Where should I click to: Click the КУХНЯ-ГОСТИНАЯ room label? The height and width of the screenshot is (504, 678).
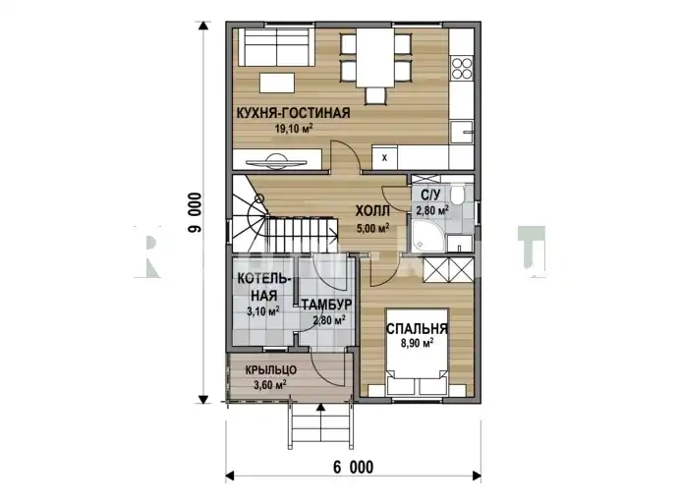pyautogui.click(x=293, y=113)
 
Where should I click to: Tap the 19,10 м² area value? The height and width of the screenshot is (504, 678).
pyautogui.click(x=294, y=129)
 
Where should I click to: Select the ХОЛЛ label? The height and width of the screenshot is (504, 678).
pyautogui.click(x=372, y=211)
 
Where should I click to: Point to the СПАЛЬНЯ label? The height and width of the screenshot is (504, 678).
pyautogui.click(x=417, y=329)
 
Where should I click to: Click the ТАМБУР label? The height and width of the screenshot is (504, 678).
pyautogui.click(x=326, y=305)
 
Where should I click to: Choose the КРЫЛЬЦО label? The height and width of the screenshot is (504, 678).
pyautogui.click(x=271, y=370)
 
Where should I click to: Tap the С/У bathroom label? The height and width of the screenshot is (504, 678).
pyautogui.click(x=430, y=195)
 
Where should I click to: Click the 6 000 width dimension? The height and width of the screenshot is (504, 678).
pyautogui.click(x=354, y=468)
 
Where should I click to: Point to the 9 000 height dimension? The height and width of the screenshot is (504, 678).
pyautogui.click(x=195, y=212)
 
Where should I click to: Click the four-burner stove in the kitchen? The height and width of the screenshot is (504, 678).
pyautogui.click(x=462, y=69)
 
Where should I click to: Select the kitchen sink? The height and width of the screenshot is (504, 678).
pyautogui.click(x=462, y=133)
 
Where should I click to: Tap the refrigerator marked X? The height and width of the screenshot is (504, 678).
pyautogui.click(x=384, y=158)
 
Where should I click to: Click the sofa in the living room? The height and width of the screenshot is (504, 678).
pyautogui.click(x=276, y=47)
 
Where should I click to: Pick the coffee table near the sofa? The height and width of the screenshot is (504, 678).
pyautogui.click(x=277, y=83)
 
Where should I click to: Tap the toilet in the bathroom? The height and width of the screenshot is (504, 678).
pyautogui.click(x=457, y=195)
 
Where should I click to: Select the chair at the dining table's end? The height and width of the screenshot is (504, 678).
pyautogui.click(x=375, y=95)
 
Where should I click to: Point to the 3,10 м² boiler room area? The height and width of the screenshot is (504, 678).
pyautogui.click(x=263, y=310)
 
